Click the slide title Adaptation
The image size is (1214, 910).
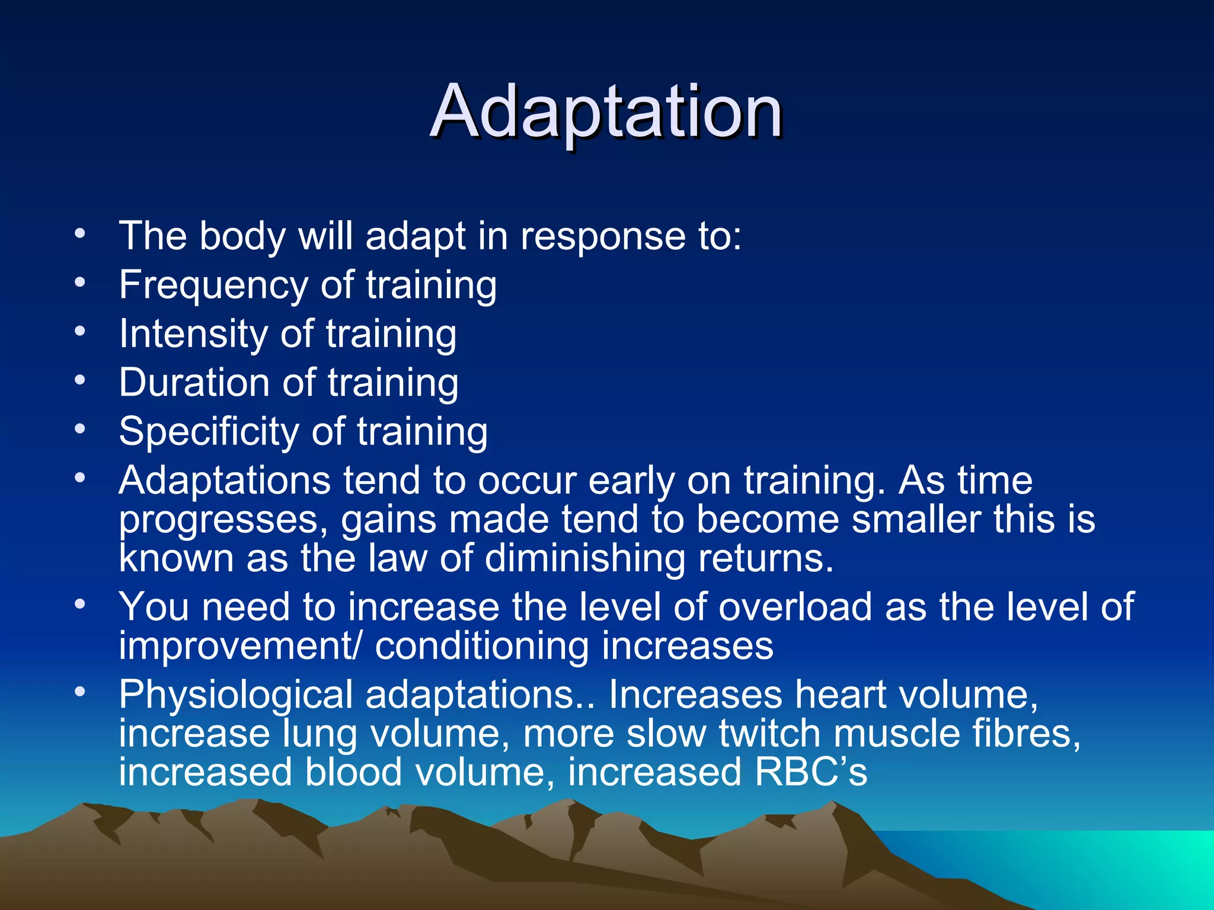click(x=606, y=113)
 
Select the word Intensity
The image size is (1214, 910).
click(x=193, y=334)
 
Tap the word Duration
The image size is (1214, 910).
click(x=194, y=382)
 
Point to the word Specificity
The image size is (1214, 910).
click(x=209, y=432)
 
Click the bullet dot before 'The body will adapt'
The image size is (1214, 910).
click(x=80, y=233)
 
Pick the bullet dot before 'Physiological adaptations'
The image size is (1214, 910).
click(x=80, y=691)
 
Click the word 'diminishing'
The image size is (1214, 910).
click(x=584, y=559)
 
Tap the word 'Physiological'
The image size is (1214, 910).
click(x=235, y=695)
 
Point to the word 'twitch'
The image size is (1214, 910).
click(x=769, y=733)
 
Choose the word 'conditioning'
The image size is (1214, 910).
click(x=481, y=646)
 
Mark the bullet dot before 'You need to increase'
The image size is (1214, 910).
click(x=80, y=604)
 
